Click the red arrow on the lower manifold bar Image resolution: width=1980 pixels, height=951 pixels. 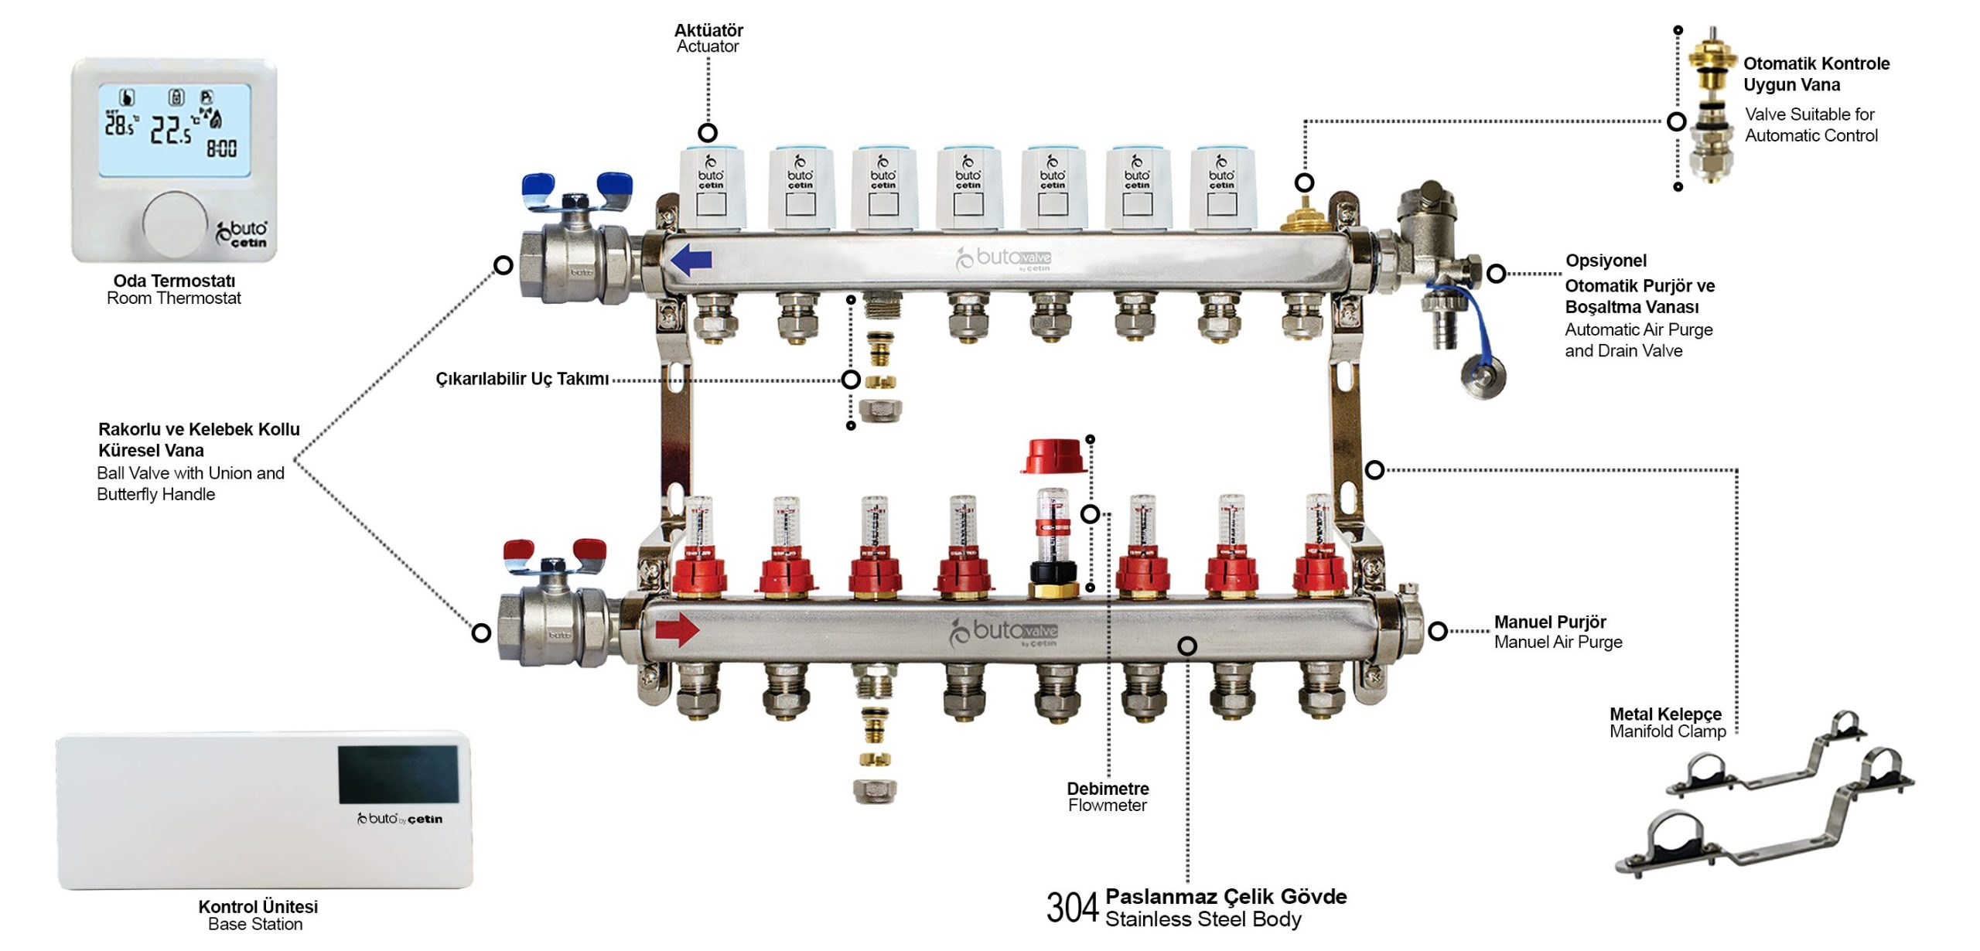point(677,629)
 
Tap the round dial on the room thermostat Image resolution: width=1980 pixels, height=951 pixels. point(176,224)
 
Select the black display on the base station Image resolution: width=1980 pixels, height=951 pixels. point(398,774)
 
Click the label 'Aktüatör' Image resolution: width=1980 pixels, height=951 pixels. point(708,30)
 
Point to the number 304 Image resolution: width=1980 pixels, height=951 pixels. point(1072,908)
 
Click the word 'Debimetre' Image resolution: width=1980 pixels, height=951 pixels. point(1108,789)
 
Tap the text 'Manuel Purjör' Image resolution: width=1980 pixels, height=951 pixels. point(1550,622)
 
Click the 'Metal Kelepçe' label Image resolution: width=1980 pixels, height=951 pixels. point(1665,714)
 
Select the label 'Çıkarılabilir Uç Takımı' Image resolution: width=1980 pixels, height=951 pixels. point(522,379)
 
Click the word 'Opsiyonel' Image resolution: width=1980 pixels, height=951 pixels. point(1606,261)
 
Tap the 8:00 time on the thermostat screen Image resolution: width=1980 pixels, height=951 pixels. point(221,148)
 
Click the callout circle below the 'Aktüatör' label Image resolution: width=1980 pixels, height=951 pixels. point(707,132)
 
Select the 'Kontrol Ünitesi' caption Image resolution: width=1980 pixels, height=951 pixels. point(258,906)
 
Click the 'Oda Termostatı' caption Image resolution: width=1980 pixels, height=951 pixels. point(174,281)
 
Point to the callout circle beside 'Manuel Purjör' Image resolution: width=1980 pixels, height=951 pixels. point(1438,631)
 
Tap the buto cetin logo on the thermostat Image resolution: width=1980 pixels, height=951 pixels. point(241,233)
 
